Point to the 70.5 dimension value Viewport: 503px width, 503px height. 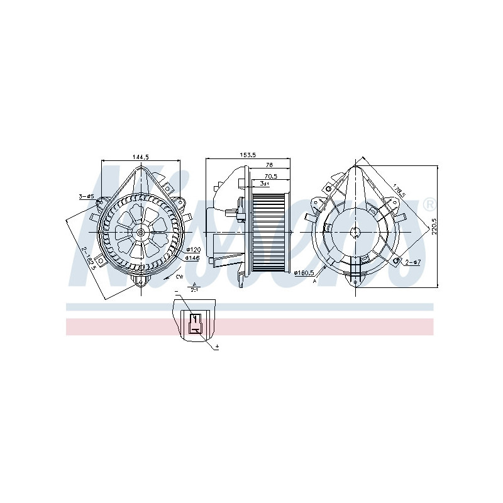coord(271,176)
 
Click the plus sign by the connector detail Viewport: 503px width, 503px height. coord(217,347)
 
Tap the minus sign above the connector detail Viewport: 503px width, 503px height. coord(176,290)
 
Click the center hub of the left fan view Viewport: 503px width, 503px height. coord(140,232)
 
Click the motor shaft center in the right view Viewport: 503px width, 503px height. coord(356,231)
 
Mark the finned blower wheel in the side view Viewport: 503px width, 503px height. coord(271,231)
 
